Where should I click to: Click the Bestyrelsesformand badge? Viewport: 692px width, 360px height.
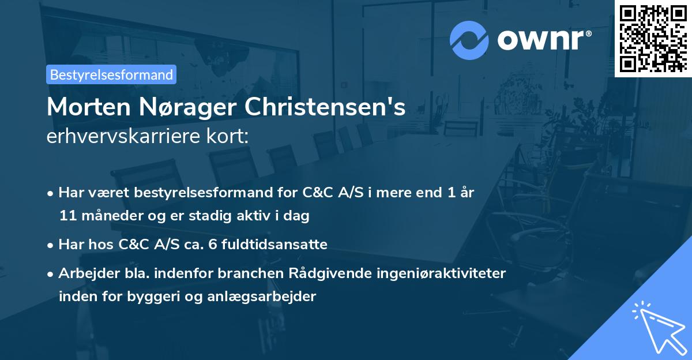111,74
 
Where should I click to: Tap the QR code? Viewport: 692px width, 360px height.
653,38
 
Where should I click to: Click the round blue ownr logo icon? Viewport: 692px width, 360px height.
469,40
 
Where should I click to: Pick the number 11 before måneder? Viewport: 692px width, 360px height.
66,216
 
